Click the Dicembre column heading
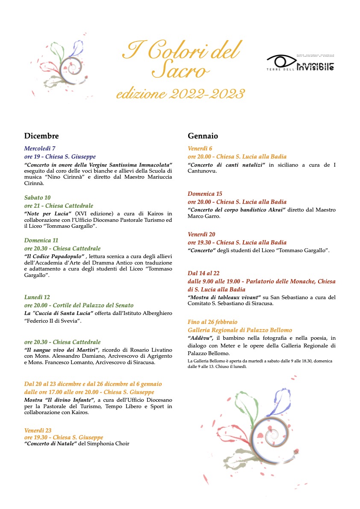(41, 136)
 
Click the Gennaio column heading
(203, 136)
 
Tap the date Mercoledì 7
(40, 149)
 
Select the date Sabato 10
(37, 197)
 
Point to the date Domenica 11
(41, 240)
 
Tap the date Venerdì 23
(38, 430)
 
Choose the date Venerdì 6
(200, 149)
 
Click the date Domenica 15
(205, 194)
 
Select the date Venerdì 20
(201, 234)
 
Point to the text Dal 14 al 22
(204, 273)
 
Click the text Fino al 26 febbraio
(212, 322)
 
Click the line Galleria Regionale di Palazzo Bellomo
(240, 330)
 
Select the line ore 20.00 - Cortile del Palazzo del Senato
(79, 305)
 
